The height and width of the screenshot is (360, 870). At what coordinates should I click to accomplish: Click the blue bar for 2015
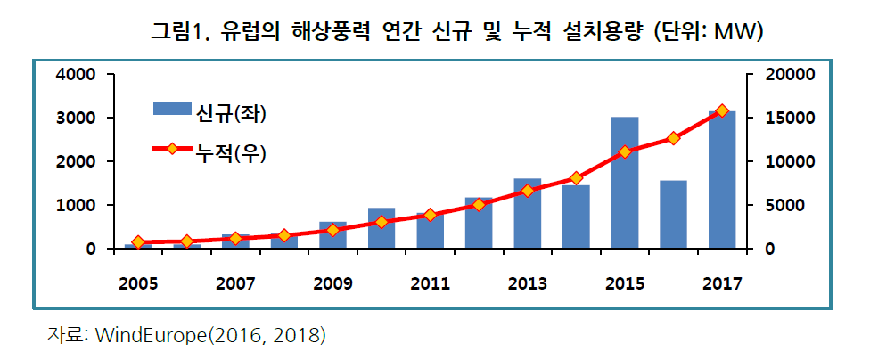[x=624, y=183]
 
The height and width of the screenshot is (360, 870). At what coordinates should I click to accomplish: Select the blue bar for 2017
[x=722, y=180]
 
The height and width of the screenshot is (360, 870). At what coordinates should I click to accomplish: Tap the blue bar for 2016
[x=673, y=214]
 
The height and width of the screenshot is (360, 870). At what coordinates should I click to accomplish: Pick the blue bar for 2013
[x=528, y=213]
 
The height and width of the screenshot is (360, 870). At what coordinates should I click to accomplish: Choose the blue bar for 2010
[x=382, y=228]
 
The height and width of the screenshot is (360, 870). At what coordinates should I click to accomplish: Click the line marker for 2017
[x=722, y=111]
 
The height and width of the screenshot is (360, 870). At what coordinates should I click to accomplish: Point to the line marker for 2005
[x=138, y=242]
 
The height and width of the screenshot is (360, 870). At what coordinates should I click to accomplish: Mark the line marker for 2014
[x=576, y=178]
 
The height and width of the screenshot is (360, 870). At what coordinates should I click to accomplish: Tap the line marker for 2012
[x=479, y=204]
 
